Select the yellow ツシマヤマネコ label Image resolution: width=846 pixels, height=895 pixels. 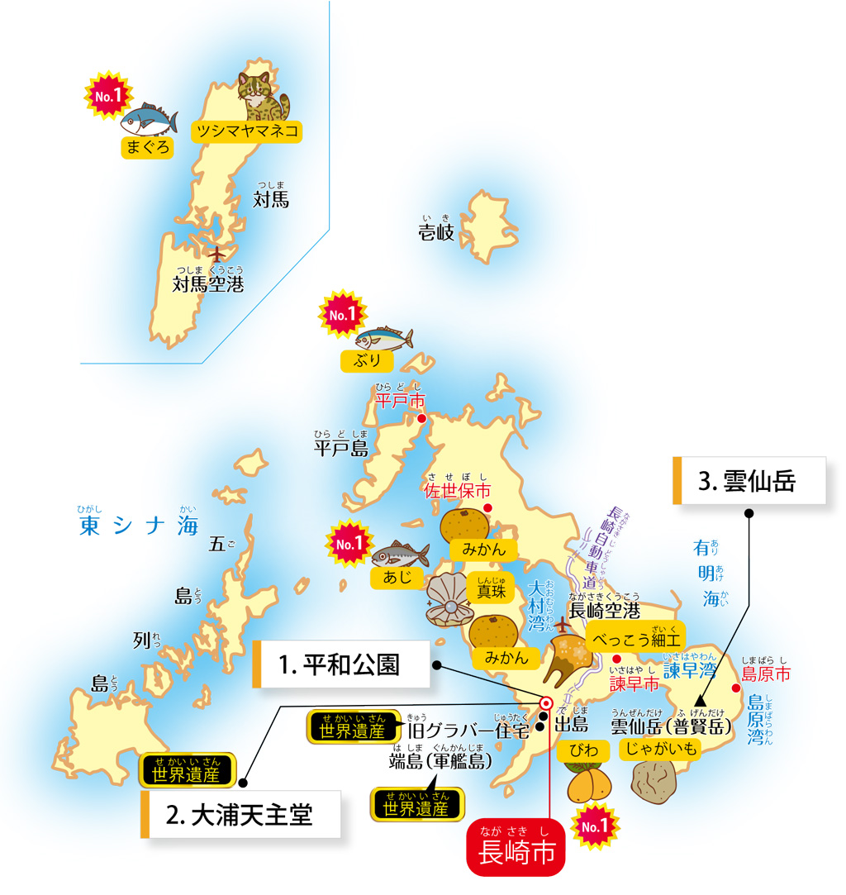245,131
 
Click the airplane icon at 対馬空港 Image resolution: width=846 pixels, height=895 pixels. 216,254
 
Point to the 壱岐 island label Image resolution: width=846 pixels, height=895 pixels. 435,232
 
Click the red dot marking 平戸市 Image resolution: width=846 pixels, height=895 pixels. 421,419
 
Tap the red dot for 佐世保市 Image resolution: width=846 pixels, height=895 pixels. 487,507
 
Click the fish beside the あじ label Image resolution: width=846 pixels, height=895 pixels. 400,554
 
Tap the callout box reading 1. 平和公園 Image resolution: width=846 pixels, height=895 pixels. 340,664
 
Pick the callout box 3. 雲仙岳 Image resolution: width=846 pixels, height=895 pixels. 749,480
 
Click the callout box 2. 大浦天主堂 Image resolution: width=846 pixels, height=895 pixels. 240,815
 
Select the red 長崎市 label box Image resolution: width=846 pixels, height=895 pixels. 516,850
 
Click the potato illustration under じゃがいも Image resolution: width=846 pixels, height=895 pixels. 655,782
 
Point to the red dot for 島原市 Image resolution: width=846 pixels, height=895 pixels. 734,688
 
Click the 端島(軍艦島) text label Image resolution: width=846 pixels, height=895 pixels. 443,759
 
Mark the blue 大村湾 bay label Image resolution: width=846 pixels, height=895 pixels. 539,605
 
